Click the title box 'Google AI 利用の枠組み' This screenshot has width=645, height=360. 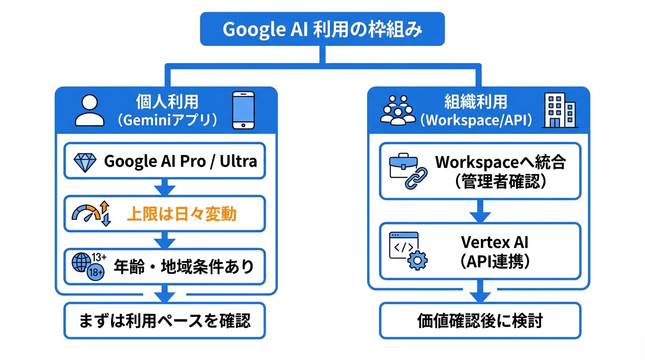coord(322,29)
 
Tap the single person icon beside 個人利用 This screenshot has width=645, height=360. coord(90,111)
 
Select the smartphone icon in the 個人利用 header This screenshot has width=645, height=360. coord(243,110)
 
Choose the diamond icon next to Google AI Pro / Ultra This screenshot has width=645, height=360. coord(85,162)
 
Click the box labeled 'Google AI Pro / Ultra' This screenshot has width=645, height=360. coord(165,161)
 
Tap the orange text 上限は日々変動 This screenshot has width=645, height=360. coord(181,214)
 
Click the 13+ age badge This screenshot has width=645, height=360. coord(98,257)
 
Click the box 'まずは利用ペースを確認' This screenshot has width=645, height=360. coord(165,321)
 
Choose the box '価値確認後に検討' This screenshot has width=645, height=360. coord(480,321)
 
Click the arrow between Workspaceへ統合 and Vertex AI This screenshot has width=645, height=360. coord(480,211)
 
